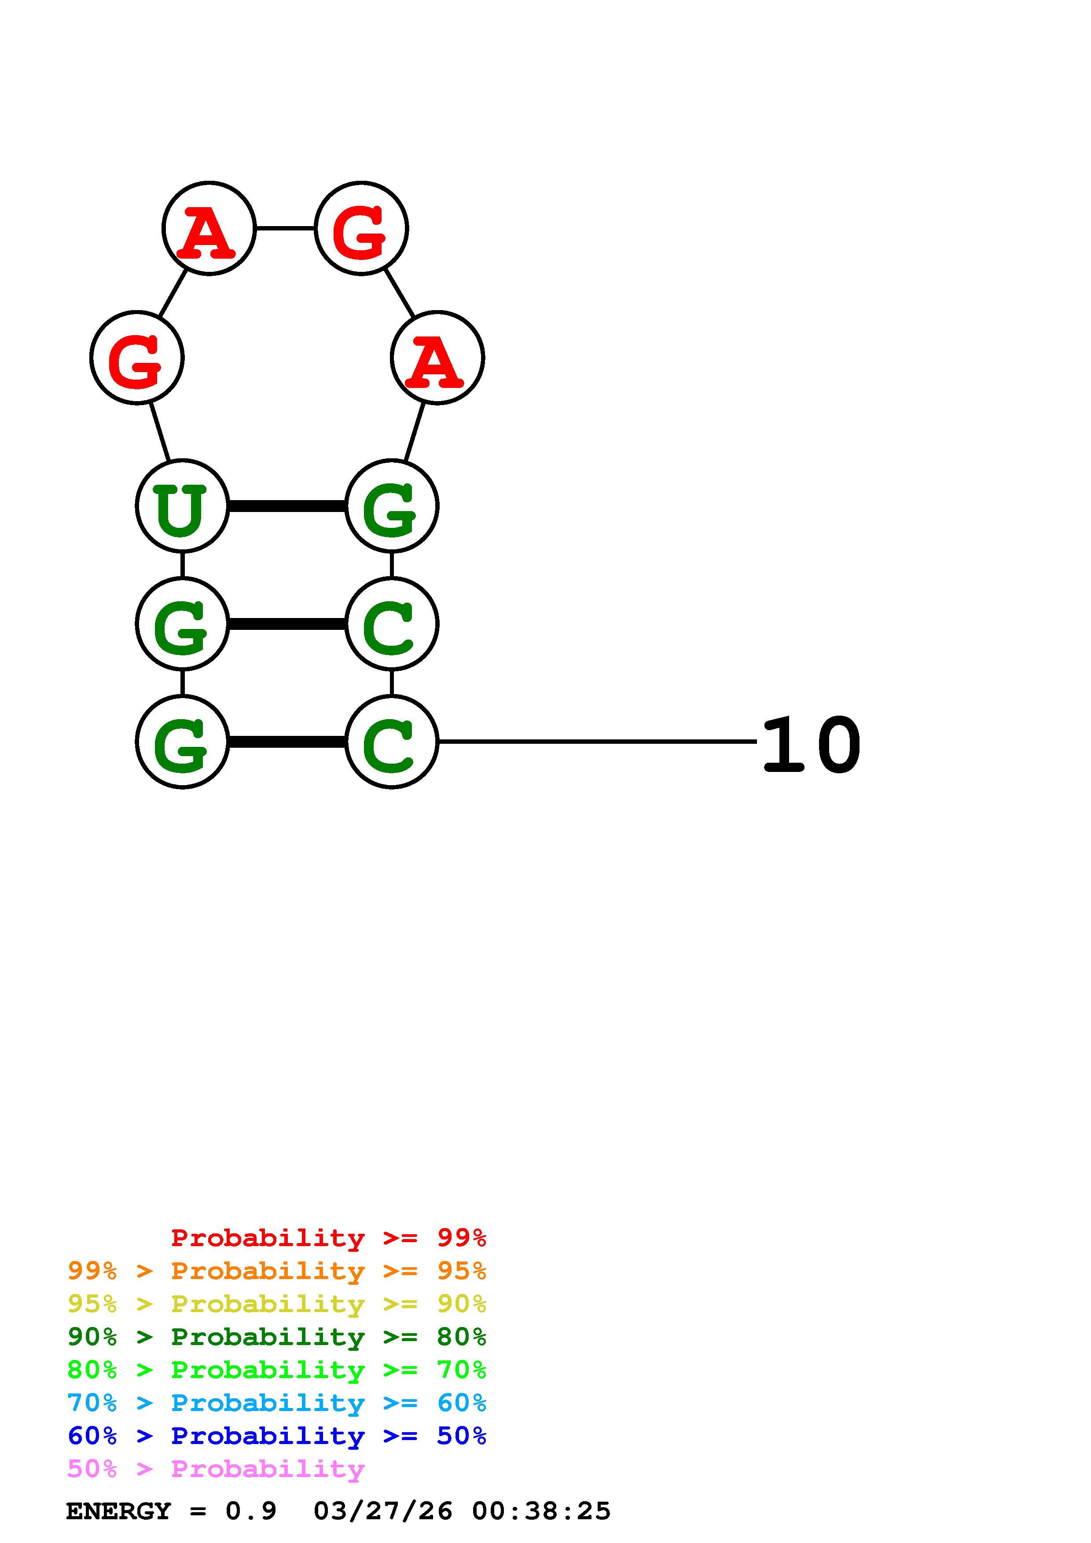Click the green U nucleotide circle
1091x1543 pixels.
(182, 505)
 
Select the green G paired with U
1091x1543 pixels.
(391, 505)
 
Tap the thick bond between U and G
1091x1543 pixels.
(287, 505)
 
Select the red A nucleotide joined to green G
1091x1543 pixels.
(437, 358)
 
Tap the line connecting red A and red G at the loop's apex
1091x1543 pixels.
(285, 228)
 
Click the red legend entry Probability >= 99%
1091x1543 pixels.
(328, 1237)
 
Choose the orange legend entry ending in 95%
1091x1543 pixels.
(277, 1271)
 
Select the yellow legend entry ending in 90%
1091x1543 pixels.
(277, 1304)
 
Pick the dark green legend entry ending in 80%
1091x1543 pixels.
(277, 1337)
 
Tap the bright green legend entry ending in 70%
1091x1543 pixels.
(277, 1370)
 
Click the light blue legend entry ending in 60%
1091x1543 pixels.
(277, 1403)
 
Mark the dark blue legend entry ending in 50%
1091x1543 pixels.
(277, 1436)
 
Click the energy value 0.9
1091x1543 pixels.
(251, 1511)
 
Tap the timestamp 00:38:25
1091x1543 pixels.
(541, 1511)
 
